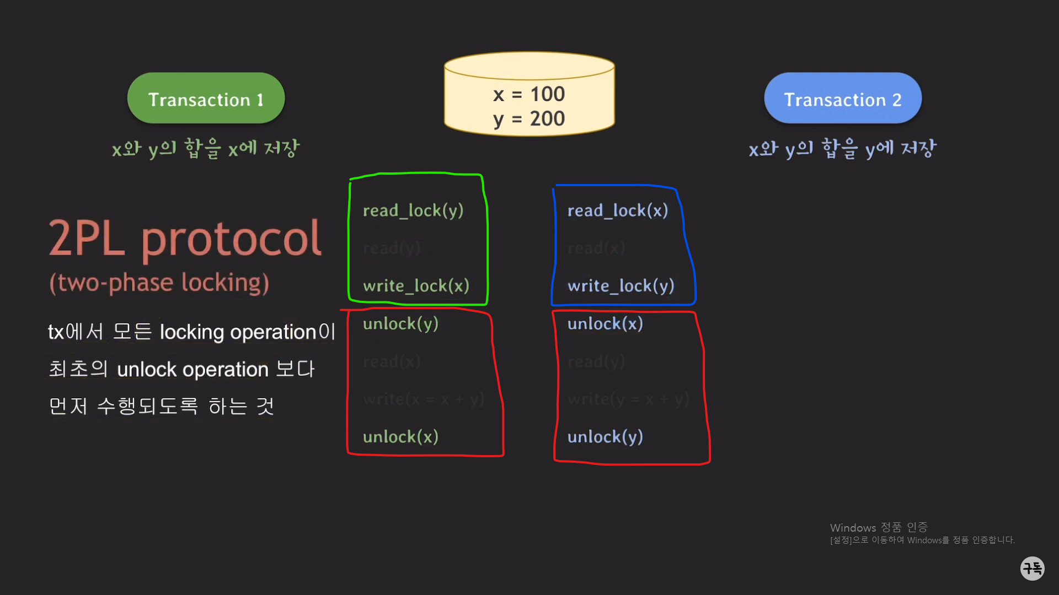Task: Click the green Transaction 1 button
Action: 206,99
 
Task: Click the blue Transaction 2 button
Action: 842,99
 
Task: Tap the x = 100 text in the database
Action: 529,94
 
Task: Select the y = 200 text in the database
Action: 529,118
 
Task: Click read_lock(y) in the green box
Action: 413,210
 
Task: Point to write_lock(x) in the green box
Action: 416,286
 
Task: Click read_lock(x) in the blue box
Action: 618,210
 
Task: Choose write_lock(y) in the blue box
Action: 621,286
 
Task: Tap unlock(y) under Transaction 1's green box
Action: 400,324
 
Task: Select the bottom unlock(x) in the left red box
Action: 400,437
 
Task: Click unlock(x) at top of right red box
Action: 605,324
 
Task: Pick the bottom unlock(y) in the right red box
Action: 605,437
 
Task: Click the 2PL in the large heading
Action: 87,238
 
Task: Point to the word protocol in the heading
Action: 232,239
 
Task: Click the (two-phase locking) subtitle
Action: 159,283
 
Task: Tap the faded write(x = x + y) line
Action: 424,399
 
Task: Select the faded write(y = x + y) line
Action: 628,399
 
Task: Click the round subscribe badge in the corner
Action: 1032,568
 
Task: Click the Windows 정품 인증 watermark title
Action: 879,528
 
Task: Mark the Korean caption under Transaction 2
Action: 842,149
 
